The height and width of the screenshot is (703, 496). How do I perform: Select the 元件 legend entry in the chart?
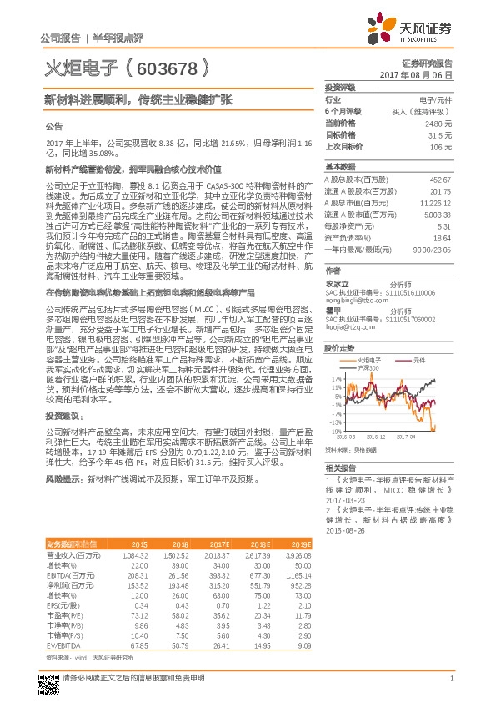pyautogui.click(x=419, y=360)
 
